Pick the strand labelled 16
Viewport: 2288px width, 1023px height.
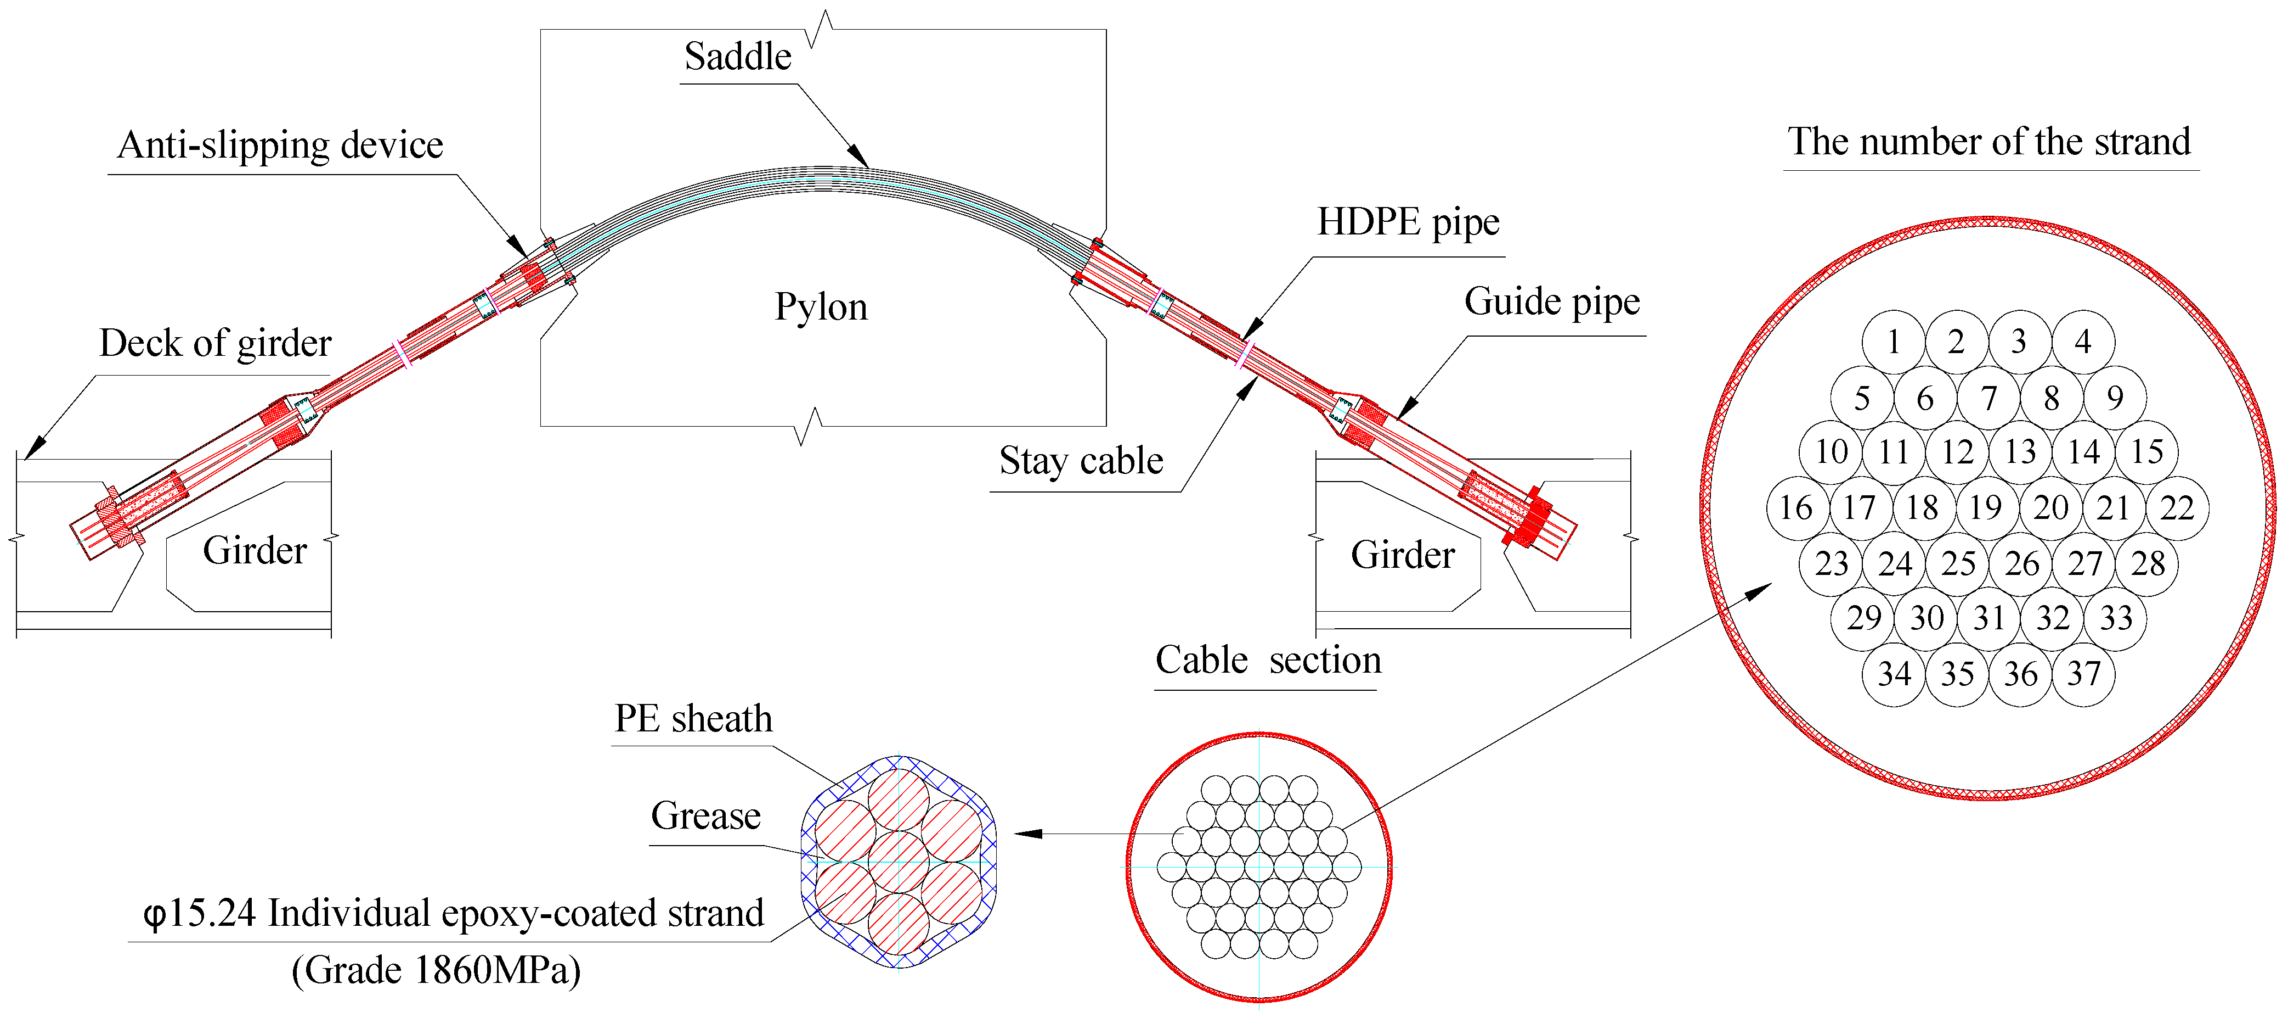point(1796,507)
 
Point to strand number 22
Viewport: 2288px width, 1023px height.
point(2177,507)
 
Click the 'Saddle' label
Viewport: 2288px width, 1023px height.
point(737,57)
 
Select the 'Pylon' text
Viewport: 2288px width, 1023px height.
point(821,306)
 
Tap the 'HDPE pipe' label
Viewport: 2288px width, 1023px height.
point(1408,222)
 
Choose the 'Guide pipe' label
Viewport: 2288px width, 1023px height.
point(1552,302)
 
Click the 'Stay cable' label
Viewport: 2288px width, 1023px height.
point(1081,460)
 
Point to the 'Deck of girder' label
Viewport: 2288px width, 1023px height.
point(215,343)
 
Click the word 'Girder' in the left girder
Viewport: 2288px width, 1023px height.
point(255,550)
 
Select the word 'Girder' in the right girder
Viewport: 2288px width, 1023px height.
point(1403,555)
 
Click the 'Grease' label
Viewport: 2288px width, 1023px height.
point(705,815)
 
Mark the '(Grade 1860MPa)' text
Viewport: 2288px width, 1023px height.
point(436,970)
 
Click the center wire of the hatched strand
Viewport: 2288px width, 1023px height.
point(898,860)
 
